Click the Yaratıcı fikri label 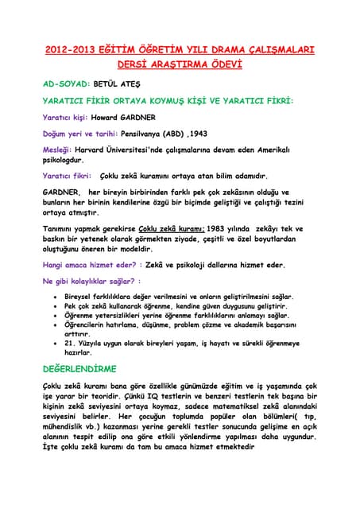pos(66,176)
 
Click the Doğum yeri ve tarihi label pos(78,134)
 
